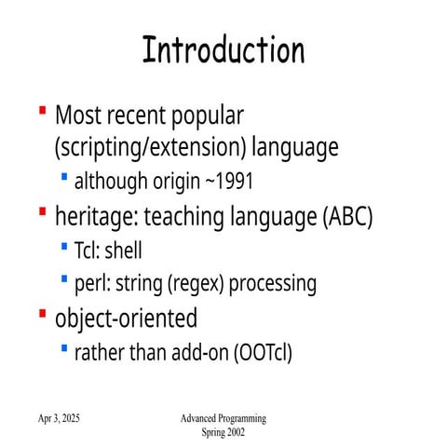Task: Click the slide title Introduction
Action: point(223,50)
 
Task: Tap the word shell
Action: point(123,250)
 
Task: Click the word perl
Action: point(90,282)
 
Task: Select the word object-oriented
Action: point(126,318)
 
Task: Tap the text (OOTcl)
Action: point(264,353)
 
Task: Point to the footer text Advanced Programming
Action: point(223,420)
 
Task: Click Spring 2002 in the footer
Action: point(223,433)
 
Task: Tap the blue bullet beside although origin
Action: point(63,174)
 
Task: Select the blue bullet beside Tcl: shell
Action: point(63,245)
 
